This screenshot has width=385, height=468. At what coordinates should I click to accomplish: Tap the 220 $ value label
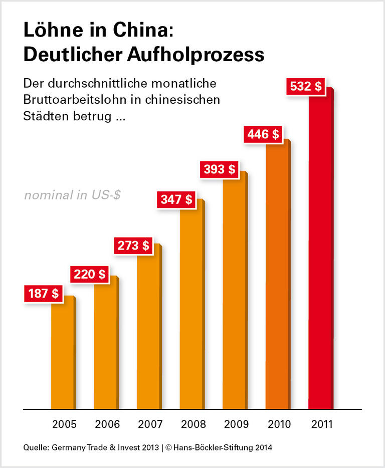coord(90,274)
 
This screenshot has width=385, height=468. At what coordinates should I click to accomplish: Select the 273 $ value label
coord(133,246)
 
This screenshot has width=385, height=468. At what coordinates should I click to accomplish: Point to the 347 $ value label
coord(176,199)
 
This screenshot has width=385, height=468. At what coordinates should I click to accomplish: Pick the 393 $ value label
coord(219,169)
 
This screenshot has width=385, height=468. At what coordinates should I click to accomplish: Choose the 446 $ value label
coord(263,134)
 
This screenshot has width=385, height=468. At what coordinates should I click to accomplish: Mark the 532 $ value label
coord(306,86)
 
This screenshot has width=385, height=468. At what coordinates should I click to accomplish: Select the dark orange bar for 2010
coord(277,276)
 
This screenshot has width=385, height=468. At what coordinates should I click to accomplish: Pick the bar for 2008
coord(191,306)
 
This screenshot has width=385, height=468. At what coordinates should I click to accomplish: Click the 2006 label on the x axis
coord(107,424)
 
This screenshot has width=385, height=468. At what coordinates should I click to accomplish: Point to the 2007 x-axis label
coord(150,424)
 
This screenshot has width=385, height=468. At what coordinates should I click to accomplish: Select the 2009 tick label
coord(236,424)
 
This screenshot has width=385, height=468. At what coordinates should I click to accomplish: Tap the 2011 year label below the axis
coord(321,424)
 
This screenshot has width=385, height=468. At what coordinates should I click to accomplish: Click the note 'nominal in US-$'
coord(72,195)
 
